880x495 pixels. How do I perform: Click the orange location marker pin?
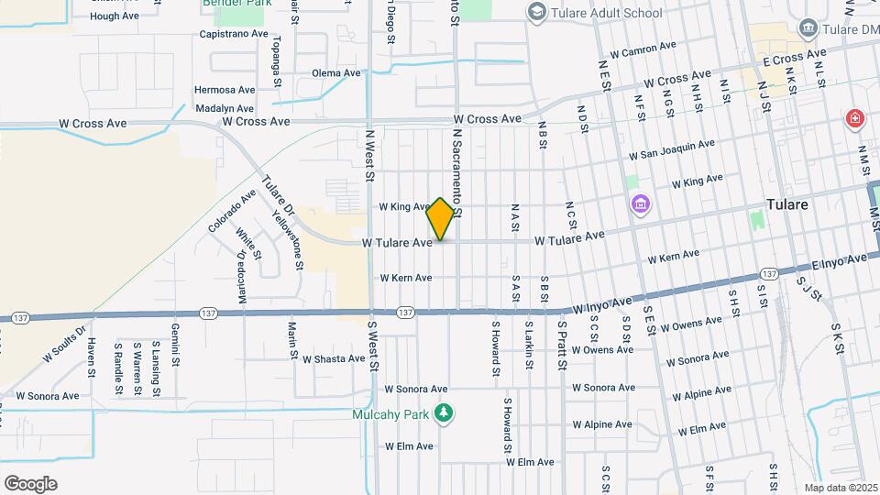click(x=440, y=218)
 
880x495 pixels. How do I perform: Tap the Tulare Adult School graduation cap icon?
click(x=535, y=12)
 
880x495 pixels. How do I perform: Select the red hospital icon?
click(x=854, y=119)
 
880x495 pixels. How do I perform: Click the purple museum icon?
click(x=639, y=203)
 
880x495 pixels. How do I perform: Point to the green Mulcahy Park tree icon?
click(x=444, y=413)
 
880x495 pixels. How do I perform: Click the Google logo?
click(x=30, y=483)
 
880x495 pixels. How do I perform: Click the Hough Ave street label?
click(x=115, y=16)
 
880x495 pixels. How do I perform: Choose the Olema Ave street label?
click(x=336, y=73)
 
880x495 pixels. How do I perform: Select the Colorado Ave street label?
click(x=232, y=210)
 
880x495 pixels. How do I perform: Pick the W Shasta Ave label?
click(x=334, y=358)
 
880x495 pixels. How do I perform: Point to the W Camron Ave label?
click(x=648, y=49)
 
